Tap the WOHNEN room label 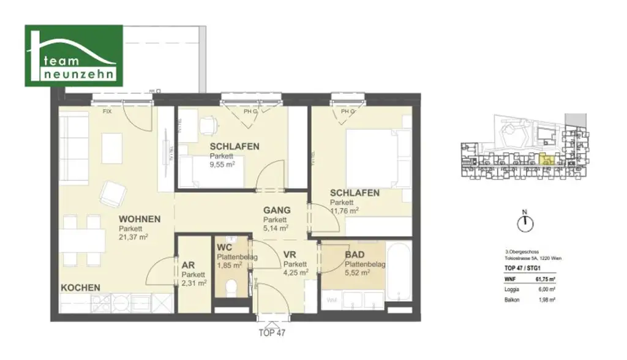[140, 219]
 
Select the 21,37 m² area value [134, 237]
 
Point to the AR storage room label [188, 266]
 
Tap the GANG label [276, 210]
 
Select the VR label [290, 256]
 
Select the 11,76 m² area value [344, 211]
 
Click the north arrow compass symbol [524, 223]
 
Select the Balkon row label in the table [512, 299]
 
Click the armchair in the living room [114, 193]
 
